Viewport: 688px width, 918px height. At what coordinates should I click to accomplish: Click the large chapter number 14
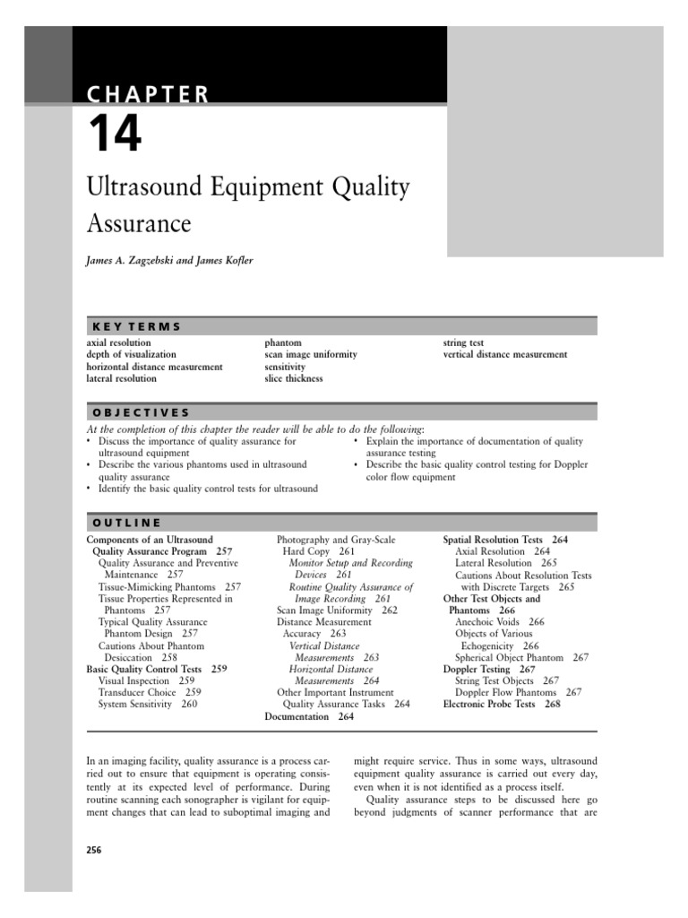(114, 134)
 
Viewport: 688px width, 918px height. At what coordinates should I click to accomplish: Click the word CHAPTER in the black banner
(147, 93)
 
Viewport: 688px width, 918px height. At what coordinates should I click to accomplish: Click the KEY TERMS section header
(133, 326)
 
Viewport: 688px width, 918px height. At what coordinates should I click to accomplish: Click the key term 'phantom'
(282, 342)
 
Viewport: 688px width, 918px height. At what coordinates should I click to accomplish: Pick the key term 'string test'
(464, 342)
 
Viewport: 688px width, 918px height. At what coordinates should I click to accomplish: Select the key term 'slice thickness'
(294, 378)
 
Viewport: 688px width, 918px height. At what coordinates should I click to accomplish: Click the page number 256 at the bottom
(94, 850)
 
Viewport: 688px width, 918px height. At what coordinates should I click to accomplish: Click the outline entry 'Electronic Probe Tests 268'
(502, 705)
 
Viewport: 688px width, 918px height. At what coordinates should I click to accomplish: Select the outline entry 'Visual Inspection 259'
(146, 680)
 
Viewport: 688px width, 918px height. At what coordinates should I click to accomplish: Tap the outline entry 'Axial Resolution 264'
(503, 551)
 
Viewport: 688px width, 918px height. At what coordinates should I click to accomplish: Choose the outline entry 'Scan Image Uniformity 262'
(337, 610)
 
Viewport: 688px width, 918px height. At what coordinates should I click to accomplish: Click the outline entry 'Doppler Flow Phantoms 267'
(518, 692)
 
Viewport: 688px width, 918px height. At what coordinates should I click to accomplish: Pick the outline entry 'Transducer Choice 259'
(150, 692)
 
